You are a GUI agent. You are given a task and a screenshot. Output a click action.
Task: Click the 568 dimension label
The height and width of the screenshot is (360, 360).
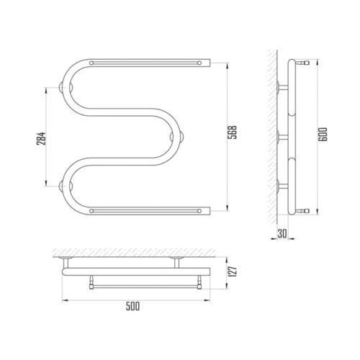pyautogui.click(x=233, y=132)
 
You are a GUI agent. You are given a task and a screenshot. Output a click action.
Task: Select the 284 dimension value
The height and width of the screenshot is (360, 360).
pyautogui.click(x=41, y=138)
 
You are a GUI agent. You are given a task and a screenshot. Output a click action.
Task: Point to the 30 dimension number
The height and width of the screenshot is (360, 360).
pyautogui.click(x=282, y=233)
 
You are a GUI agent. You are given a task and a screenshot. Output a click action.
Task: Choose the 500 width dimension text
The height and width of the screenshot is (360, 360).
pyautogui.click(x=132, y=307)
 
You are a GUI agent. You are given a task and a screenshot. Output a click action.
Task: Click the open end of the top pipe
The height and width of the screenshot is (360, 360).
pyautogui.click(x=210, y=63)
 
